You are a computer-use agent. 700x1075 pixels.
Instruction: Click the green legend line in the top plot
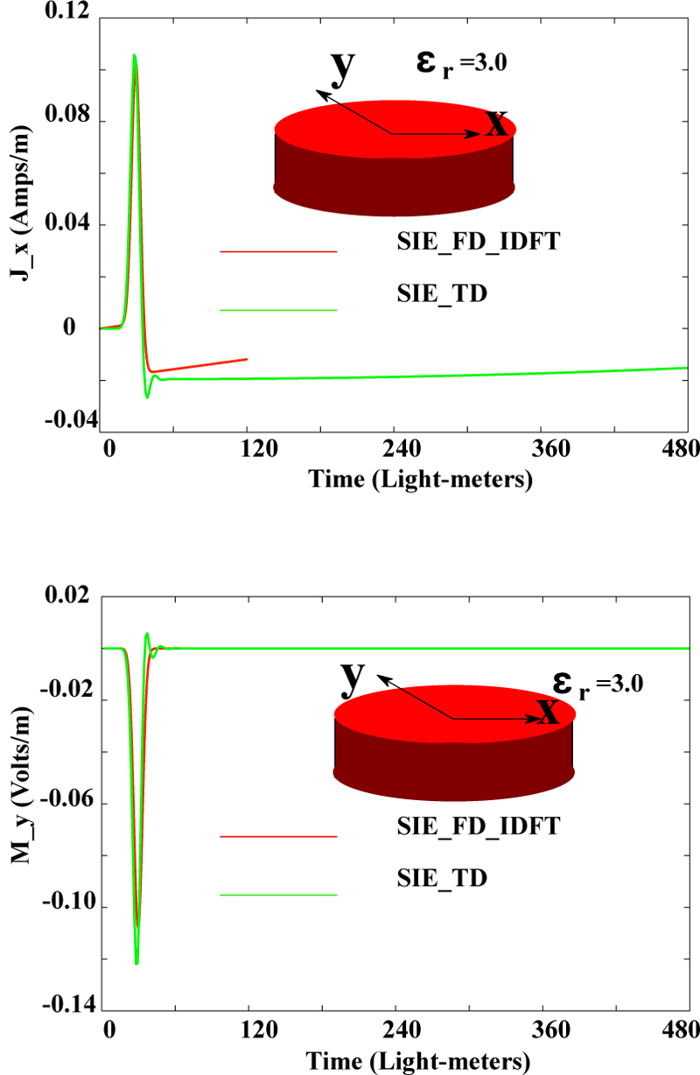coord(278,310)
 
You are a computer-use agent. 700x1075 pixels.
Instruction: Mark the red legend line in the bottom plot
coord(278,836)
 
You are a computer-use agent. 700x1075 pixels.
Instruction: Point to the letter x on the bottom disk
coord(548,711)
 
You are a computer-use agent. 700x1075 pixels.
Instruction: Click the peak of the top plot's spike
coord(134,54)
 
